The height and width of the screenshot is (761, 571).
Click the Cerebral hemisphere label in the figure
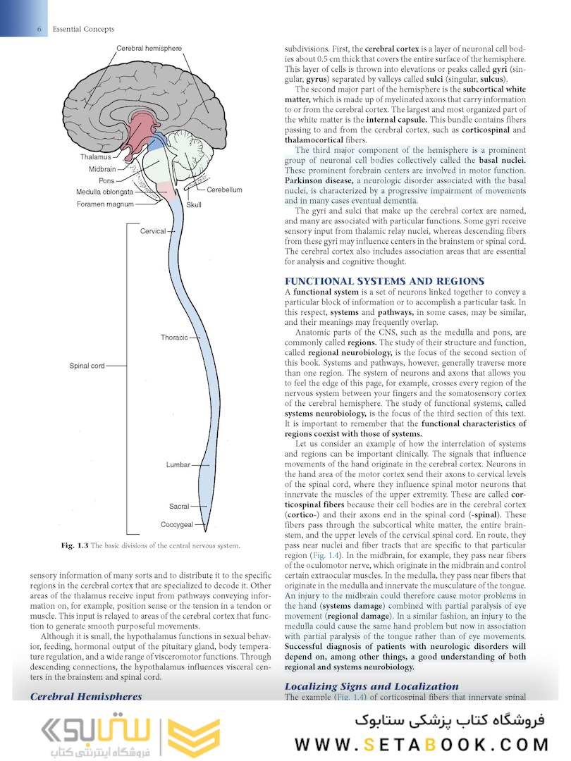point(149,48)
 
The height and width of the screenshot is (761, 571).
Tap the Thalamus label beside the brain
point(96,157)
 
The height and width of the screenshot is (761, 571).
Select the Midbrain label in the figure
point(102,169)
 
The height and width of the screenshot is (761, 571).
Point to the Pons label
point(106,180)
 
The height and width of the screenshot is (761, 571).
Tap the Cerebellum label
point(224,190)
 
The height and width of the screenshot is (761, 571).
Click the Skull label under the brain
point(194,204)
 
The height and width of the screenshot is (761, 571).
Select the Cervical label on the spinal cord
point(153,231)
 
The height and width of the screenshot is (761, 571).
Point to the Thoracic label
point(174,338)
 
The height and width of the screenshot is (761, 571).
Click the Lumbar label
point(178,465)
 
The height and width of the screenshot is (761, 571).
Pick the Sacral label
point(179,506)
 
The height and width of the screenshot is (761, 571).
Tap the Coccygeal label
point(176,524)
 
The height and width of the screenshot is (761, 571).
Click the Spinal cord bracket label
point(87,366)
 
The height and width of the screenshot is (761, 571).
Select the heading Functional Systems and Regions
point(384,281)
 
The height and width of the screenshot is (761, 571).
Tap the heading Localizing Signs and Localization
point(372,686)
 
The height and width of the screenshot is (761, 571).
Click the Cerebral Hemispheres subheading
point(86,696)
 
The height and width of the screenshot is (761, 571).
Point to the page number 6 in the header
point(39,29)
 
